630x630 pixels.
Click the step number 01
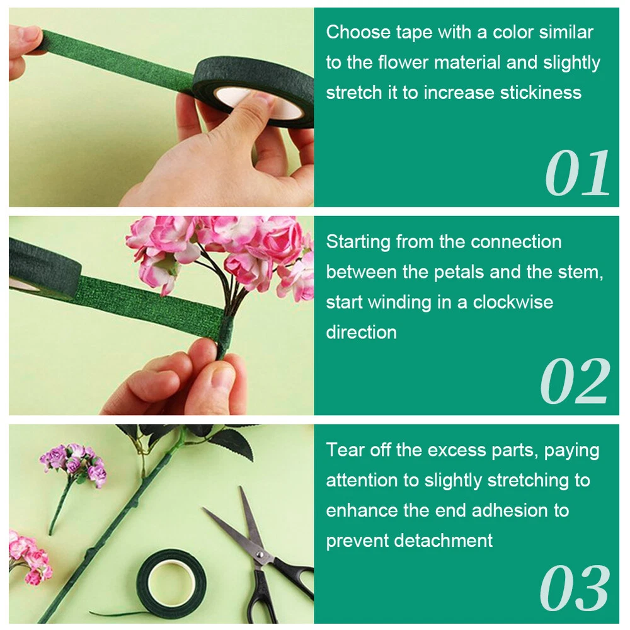click(x=577, y=173)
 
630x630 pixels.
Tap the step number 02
click(x=575, y=381)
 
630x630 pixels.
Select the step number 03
click(x=575, y=588)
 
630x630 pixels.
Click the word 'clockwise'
click(x=513, y=302)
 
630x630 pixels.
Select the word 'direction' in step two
click(x=361, y=333)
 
